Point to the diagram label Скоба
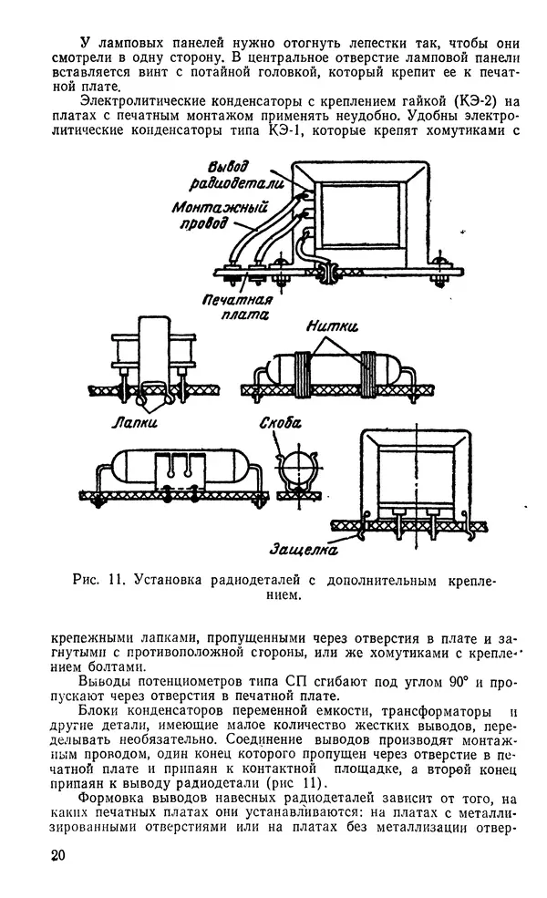281,423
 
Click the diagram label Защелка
304,549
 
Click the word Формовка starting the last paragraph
111,799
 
